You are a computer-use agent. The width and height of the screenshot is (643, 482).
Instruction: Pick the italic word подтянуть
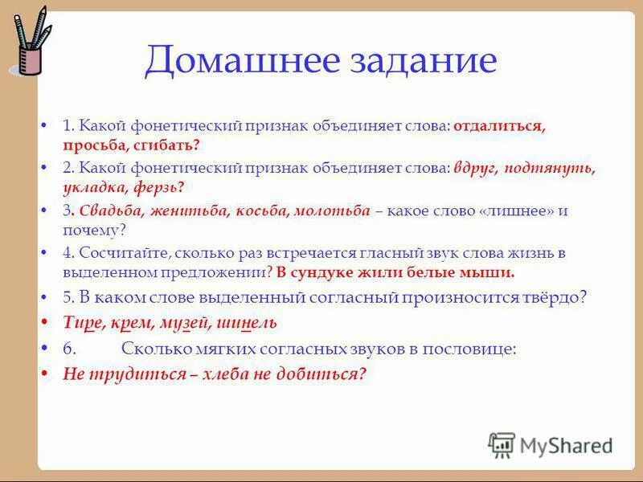[552, 168]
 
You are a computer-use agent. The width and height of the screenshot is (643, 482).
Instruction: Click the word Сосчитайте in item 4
[120, 252]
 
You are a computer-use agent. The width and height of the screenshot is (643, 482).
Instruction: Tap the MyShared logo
[551, 444]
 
